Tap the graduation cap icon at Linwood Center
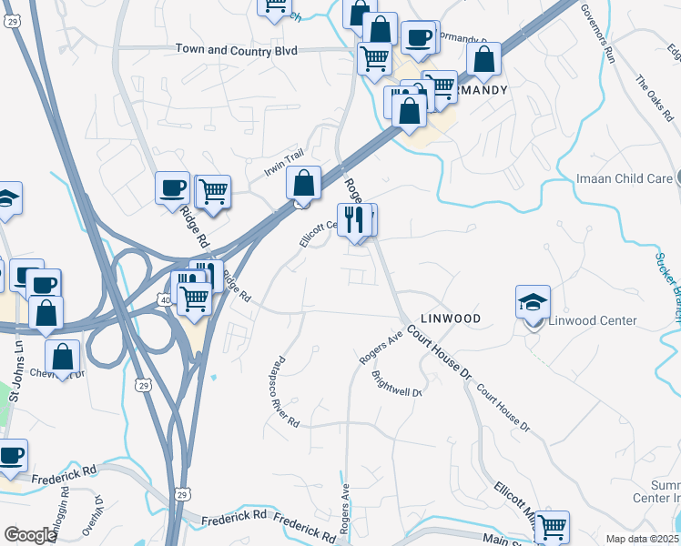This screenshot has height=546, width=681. click(533, 301)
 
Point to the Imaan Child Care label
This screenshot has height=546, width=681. click(624, 178)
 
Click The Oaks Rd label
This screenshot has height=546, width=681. click(653, 99)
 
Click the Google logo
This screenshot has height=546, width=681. click(30, 535)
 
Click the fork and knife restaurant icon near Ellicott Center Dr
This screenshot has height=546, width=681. click(355, 218)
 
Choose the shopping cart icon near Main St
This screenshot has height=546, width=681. click(552, 526)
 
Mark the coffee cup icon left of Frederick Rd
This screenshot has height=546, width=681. click(11, 454)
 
